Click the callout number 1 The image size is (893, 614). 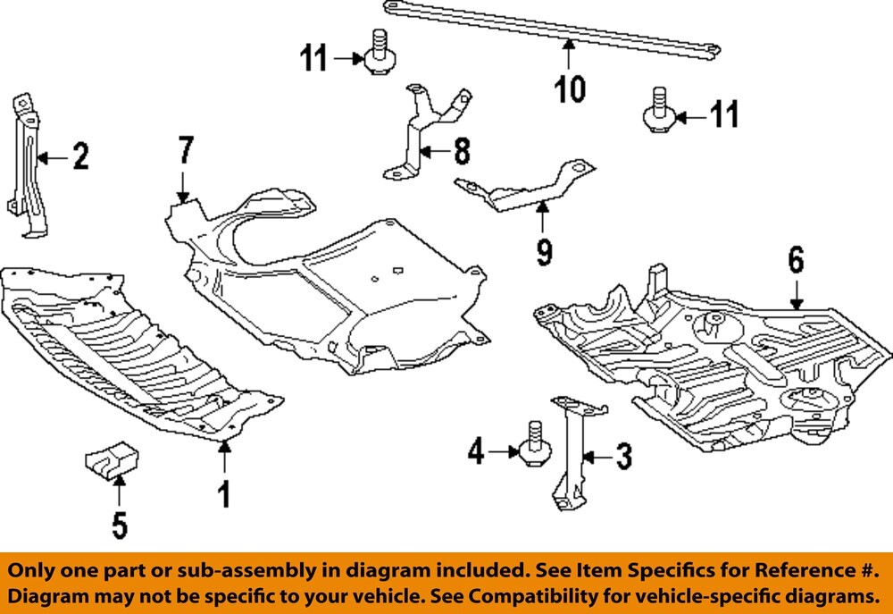click(x=224, y=492)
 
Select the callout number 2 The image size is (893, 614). click(x=80, y=157)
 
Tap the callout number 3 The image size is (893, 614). click(x=623, y=458)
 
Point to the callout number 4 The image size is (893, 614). click(x=477, y=453)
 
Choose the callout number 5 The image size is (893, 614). click(x=120, y=524)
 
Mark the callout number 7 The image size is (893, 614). click(x=185, y=150)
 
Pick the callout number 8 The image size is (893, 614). click(x=461, y=151)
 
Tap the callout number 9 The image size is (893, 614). click(x=544, y=251)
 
